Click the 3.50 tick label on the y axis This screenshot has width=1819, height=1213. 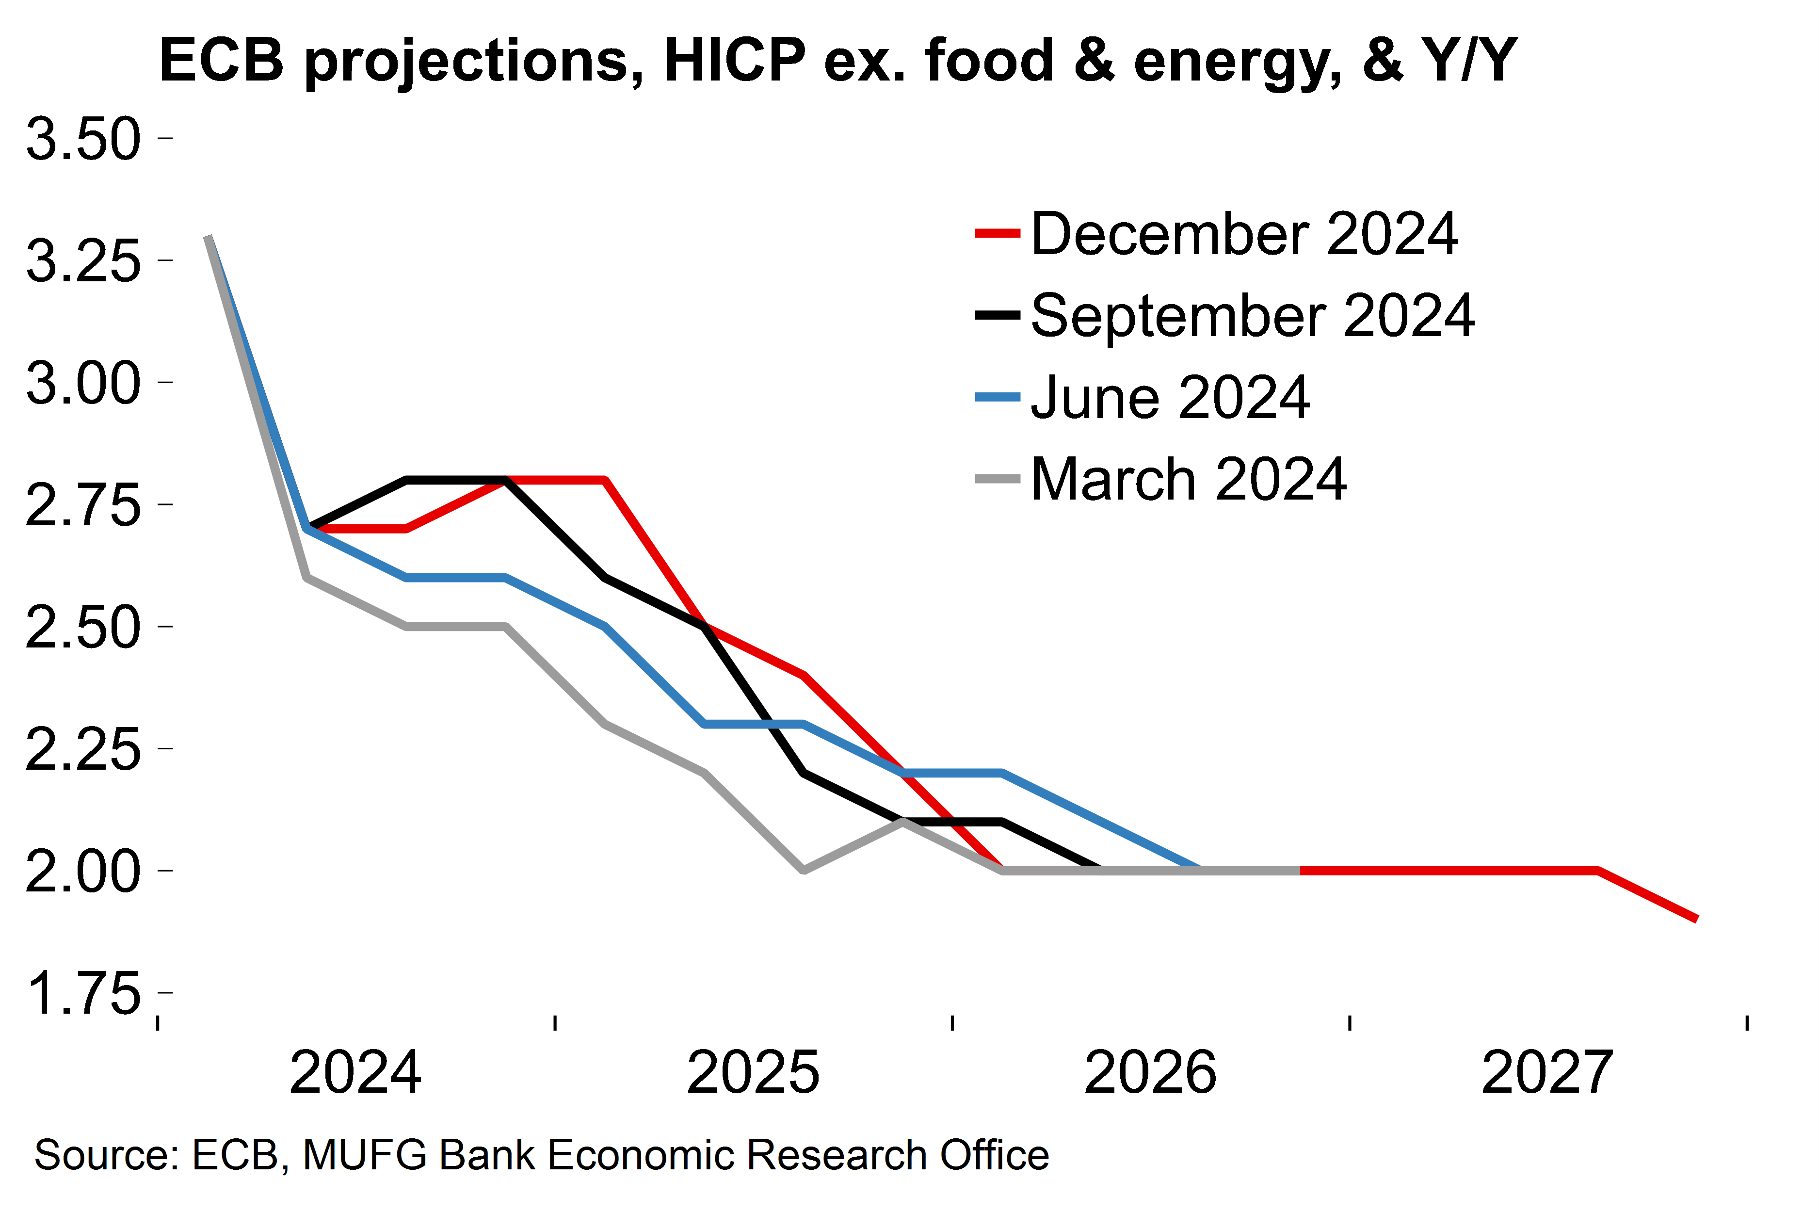pyautogui.click(x=83, y=140)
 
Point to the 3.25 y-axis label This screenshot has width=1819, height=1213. pyautogui.click(x=83, y=261)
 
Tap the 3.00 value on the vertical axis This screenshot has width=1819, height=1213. pyautogui.click(x=83, y=384)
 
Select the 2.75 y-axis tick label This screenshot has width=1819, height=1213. pyautogui.click(x=83, y=506)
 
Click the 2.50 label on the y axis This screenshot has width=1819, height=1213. pyautogui.click(x=83, y=628)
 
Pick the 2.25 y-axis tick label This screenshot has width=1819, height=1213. pyautogui.click(x=83, y=750)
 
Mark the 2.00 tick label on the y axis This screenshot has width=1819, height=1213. pyautogui.click(x=83, y=872)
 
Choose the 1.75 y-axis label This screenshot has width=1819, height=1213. pyautogui.click(x=83, y=994)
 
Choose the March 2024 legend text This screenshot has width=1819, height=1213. pyautogui.click(x=1189, y=480)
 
